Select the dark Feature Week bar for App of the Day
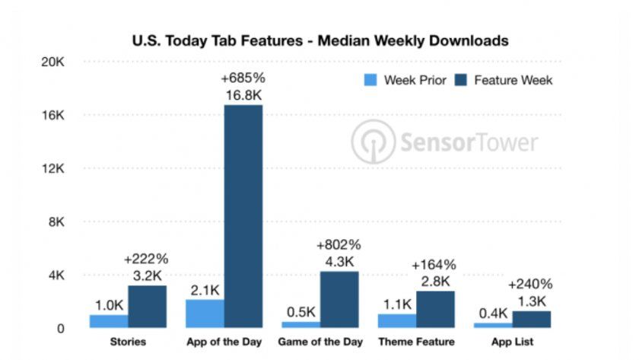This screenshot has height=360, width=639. [243, 216]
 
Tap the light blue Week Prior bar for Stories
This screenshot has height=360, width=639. [109, 321]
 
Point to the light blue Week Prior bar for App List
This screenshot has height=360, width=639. [493, 325]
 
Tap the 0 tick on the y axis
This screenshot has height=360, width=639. [59, 329]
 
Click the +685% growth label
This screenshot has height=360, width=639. [242, 78]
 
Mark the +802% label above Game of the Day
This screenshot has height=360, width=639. [339, 245]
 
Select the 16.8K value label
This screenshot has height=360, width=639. [242, 95]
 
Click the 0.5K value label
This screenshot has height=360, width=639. [300, 311]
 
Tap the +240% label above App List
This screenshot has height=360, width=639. [531, 285]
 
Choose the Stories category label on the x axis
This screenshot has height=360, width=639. [128, 342]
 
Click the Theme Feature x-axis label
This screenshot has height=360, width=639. [416, 342]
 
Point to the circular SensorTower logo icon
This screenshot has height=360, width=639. [373, 142]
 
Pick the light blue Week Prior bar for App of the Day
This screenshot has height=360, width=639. [205, 314]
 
